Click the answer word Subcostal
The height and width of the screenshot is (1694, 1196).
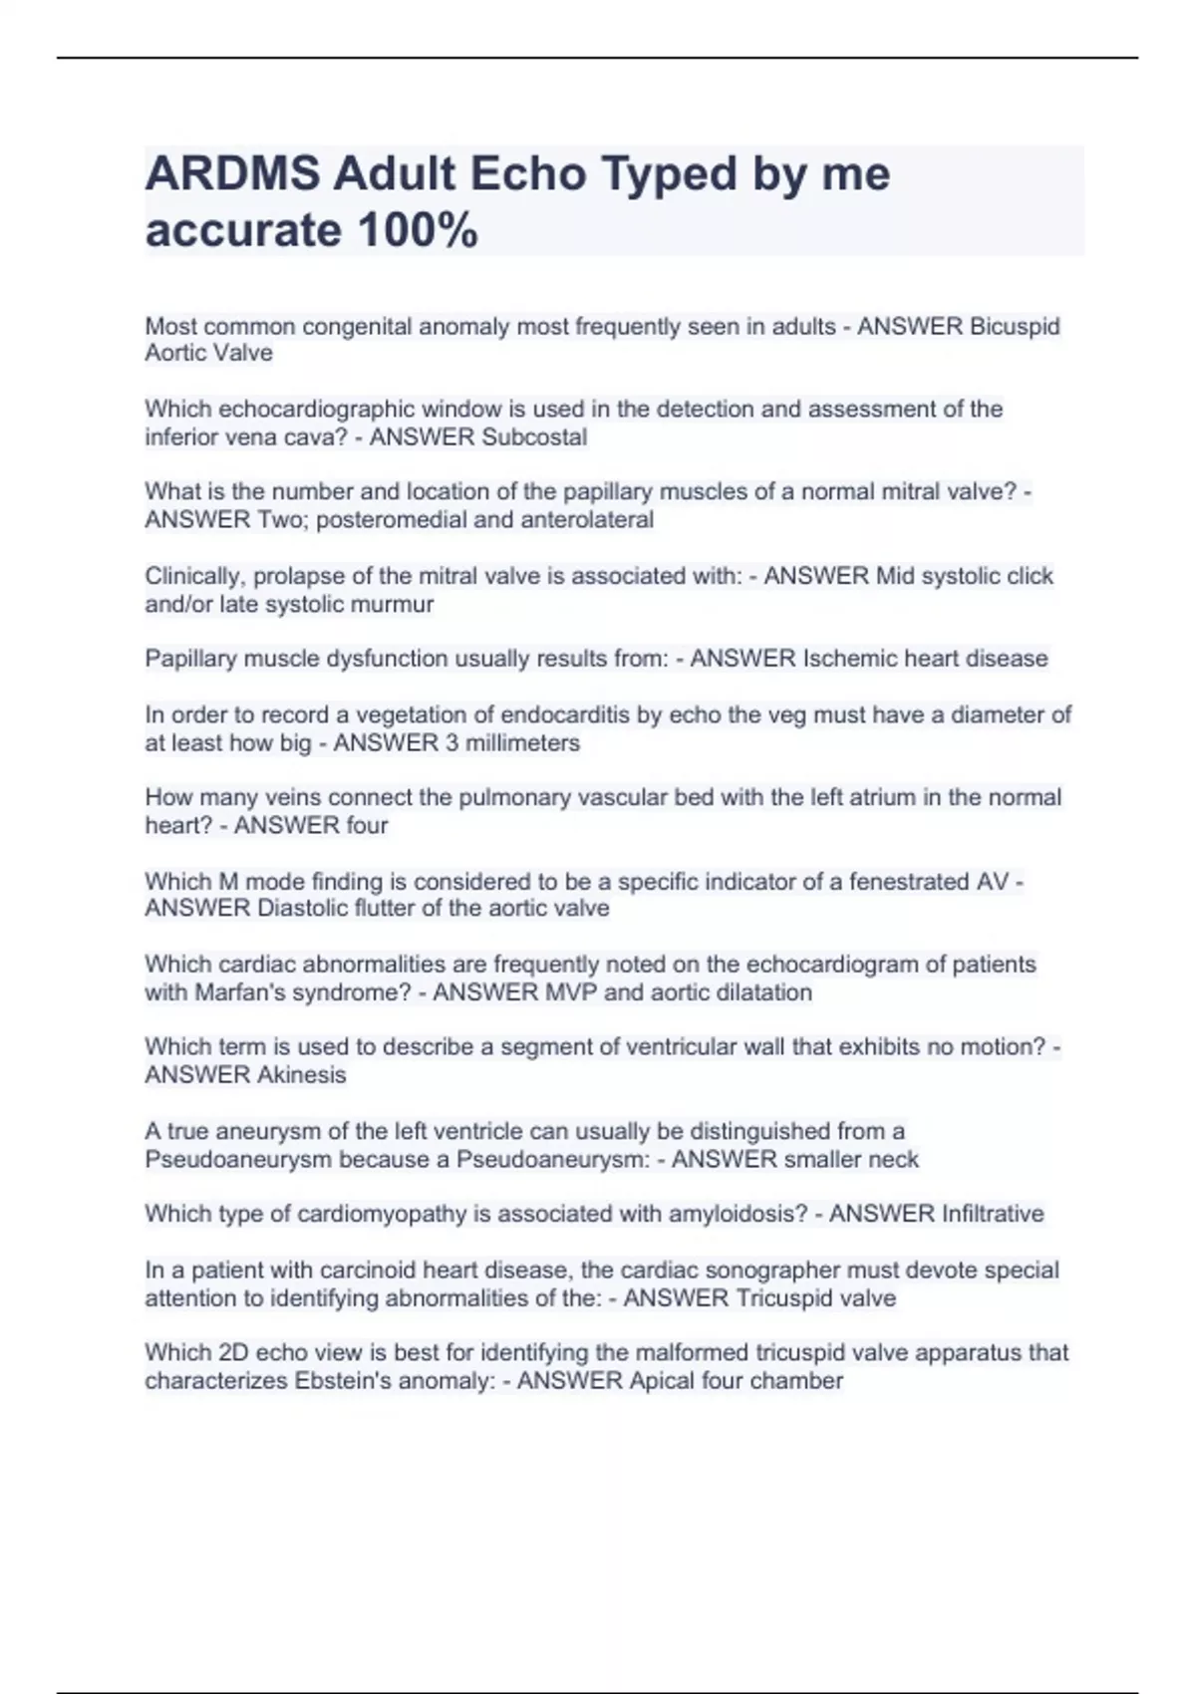point(534,437)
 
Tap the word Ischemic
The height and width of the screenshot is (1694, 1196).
point(844,659)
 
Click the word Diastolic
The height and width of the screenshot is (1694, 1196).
point(303,909)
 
